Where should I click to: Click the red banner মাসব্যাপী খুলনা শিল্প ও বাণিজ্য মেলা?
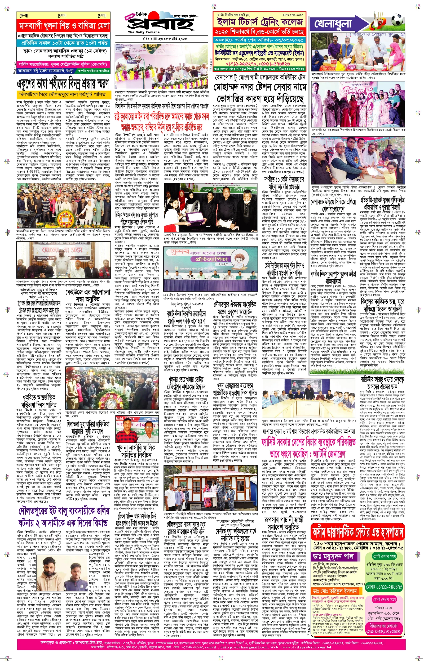pos(64,26)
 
